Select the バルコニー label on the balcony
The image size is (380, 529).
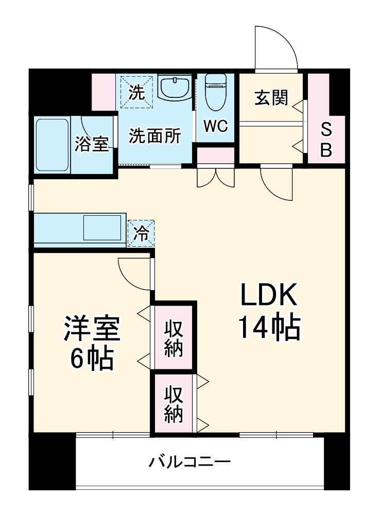190,460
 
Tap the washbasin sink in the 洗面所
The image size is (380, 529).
175,88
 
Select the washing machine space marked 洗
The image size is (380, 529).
136,93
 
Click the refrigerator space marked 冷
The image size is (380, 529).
141,233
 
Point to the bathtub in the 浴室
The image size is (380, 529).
52,145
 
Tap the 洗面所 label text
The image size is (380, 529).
154,135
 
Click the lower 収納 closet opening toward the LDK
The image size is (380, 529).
174,404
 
